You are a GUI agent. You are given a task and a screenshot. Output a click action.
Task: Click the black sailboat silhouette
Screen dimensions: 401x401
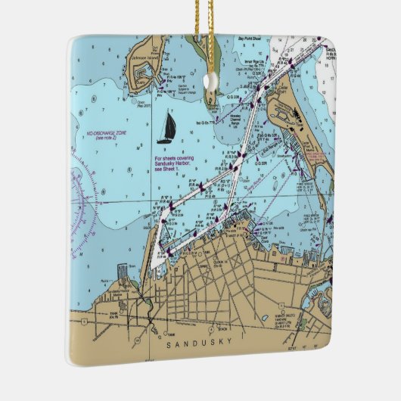click(x=164, y=129)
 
